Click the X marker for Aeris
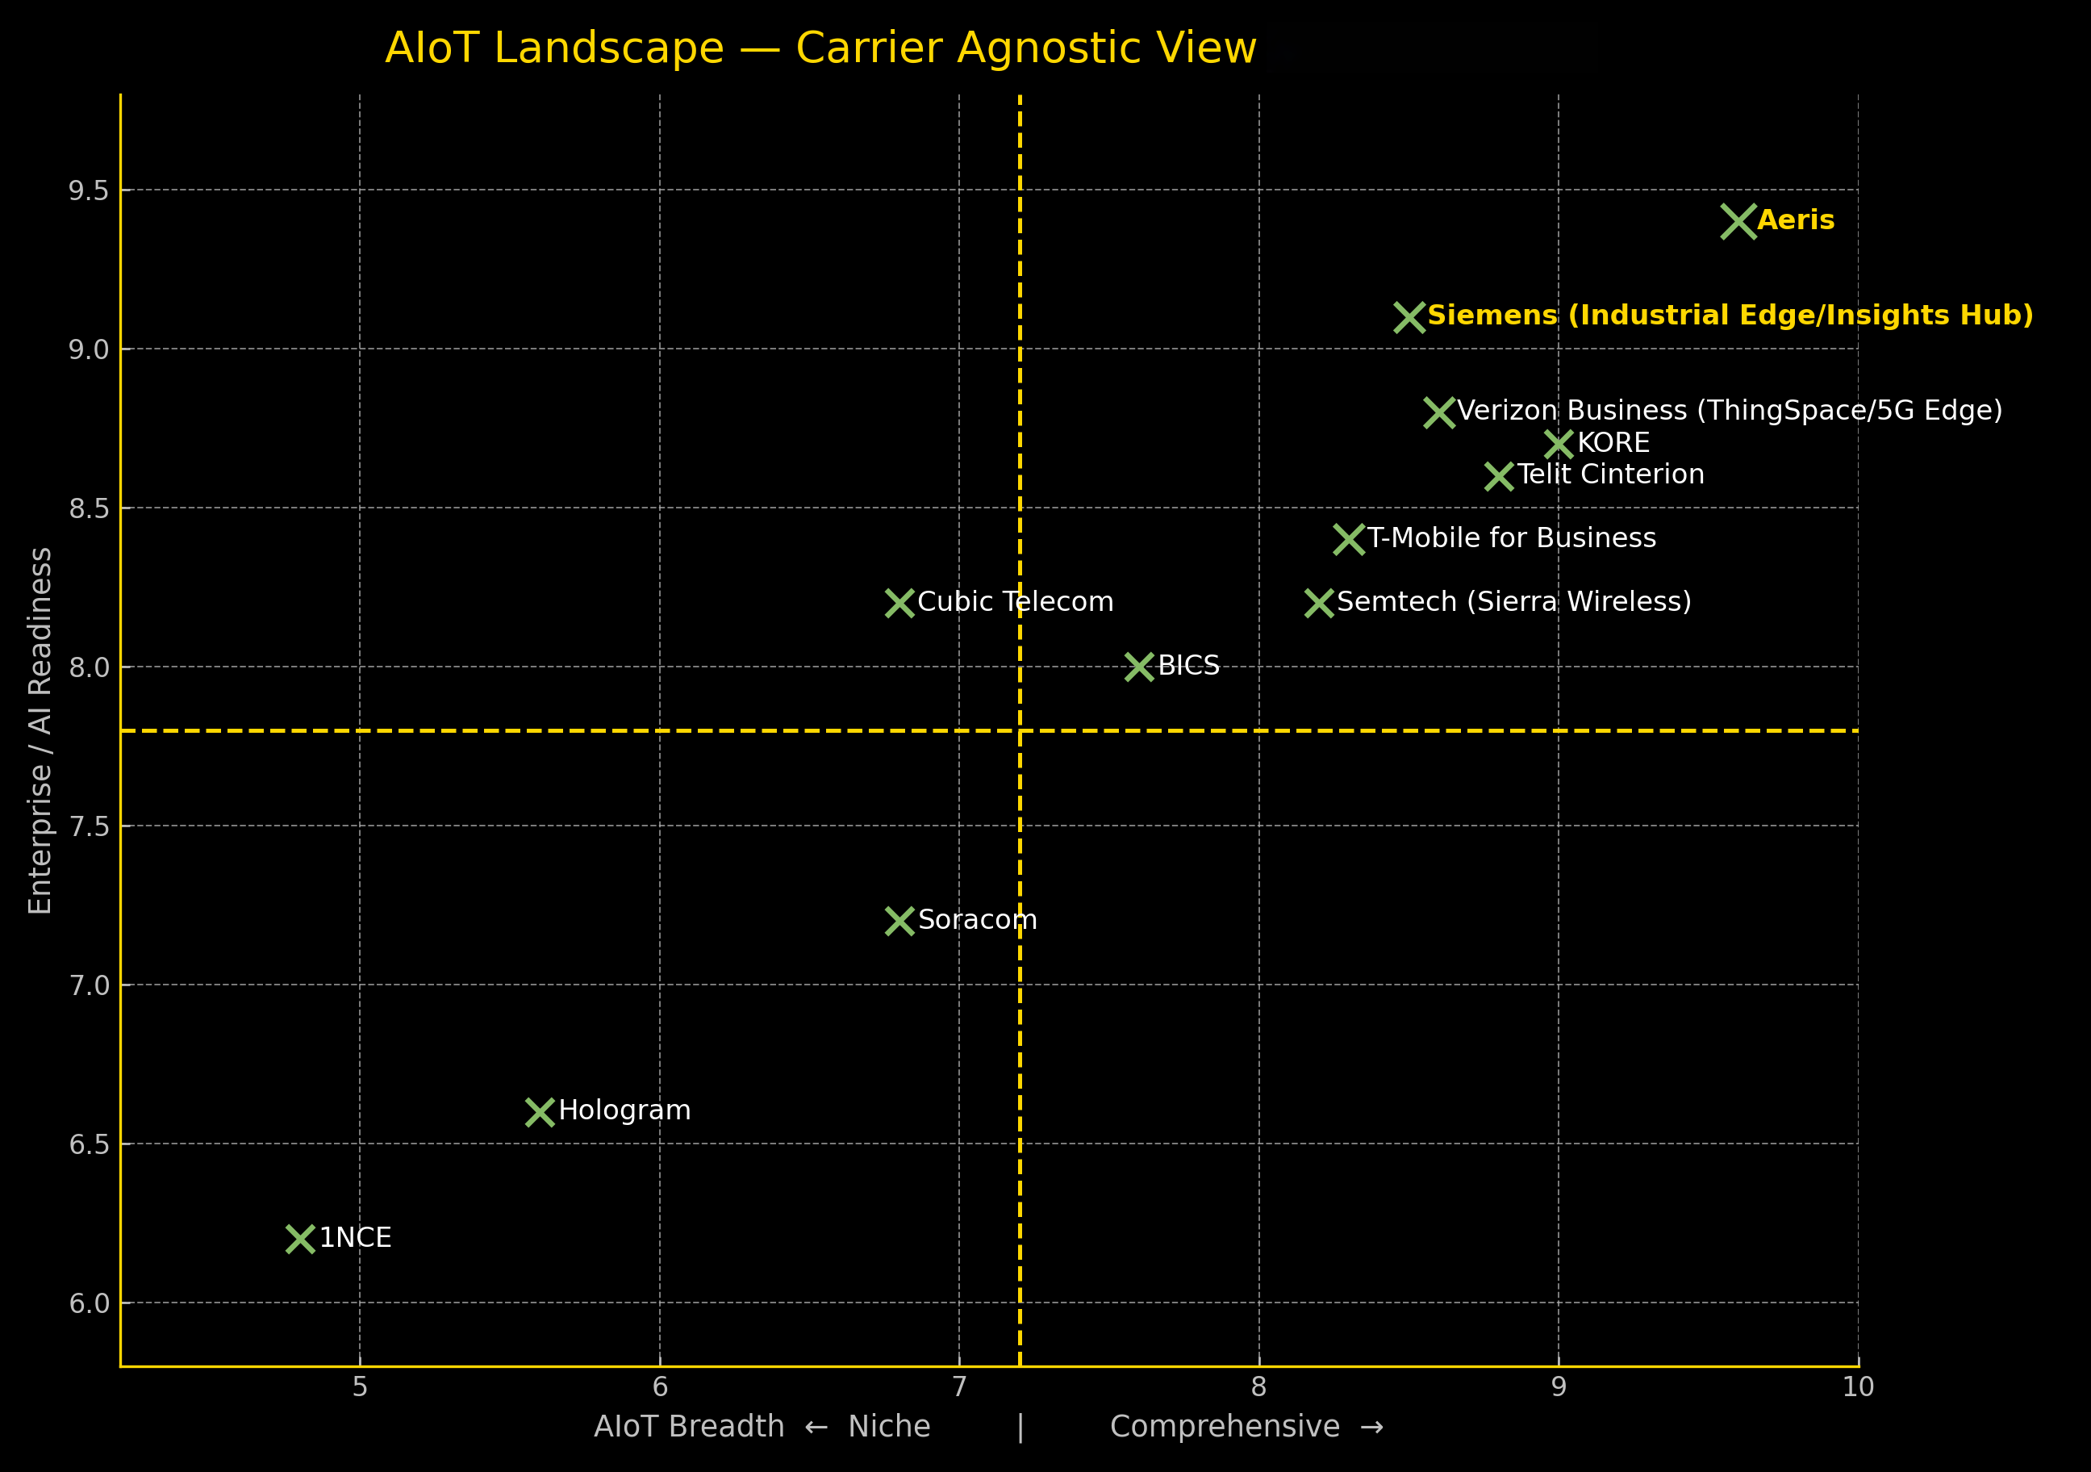click(x=1738, y=221)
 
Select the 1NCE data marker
click(x=301, y=1239)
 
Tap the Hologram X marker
click(x=540, y=1112)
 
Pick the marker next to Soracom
click(x=899, y=921)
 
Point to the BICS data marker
click(x=1139, y=667)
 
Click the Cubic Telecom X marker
click(x=899, y=603)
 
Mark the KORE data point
click(x=1559, y=445)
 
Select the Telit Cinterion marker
click(x=1499, y=476)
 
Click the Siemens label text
click(x=1730, y=316)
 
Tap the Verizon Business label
click(x=1730, y=411)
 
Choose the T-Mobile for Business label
click(x=1512, y=538)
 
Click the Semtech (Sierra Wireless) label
click(x=1513, y=602)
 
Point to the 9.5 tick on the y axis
click(x=89, y=190)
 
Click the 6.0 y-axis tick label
click(x=89, y=1303)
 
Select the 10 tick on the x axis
click(x=1858, y=1387)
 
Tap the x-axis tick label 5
click(x=360, y=1387)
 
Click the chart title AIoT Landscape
click(x=820, y=48)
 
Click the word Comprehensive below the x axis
click(x=1225, y=1427)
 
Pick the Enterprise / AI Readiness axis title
click(x=40, y=730)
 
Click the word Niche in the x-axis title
click(x=889, y=1427)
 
